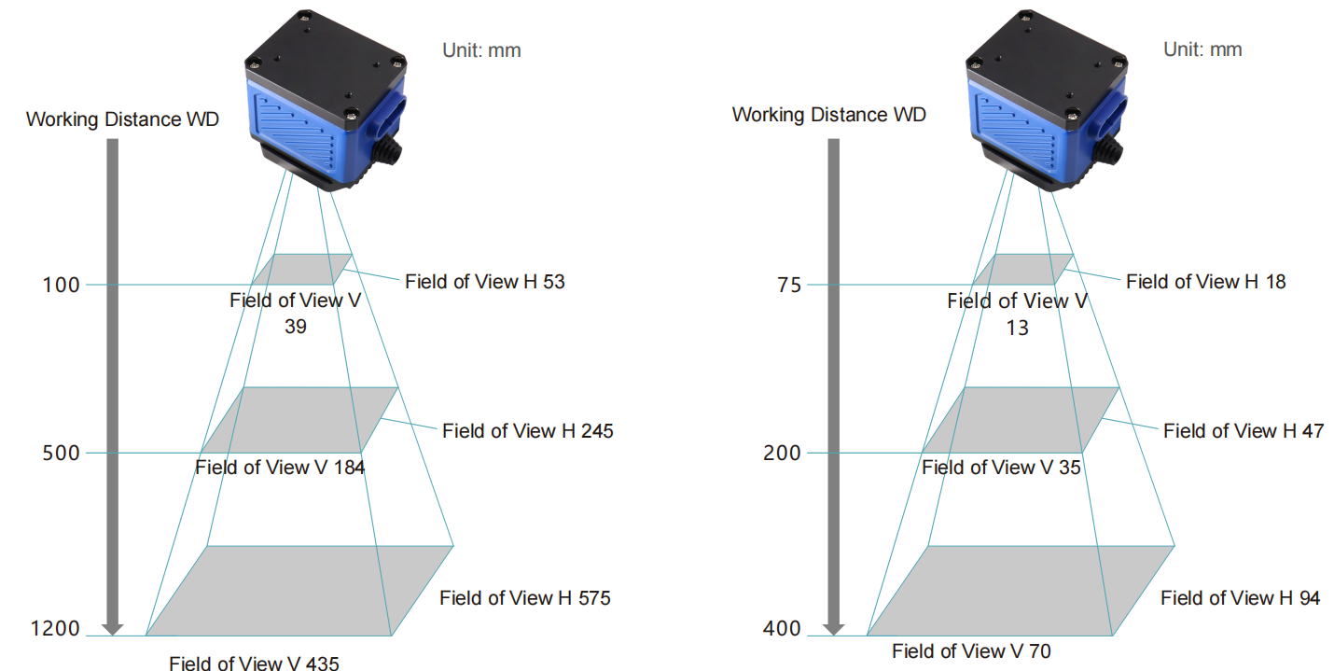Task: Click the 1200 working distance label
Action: point(55,628)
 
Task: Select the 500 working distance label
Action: point(61,453)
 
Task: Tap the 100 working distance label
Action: point(61,285)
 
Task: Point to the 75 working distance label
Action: point(789,285)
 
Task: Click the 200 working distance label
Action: point(782,453)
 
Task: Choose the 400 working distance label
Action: point(782,628)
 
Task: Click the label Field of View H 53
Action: point(485,281)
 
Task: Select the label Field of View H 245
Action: point(528,431)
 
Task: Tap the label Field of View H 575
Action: point(525,597)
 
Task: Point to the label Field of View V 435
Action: point(255,663)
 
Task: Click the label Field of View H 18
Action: point(1206,281)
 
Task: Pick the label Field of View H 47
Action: point(1244,431)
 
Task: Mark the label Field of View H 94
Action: point(1241,597)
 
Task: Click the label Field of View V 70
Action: point(971,650)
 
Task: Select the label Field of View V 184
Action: point(280,468)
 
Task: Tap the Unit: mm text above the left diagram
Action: point(481,50)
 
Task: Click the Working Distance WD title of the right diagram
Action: point(829,115)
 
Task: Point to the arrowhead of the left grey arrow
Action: point(113,629)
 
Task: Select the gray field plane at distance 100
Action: point(302,270)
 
